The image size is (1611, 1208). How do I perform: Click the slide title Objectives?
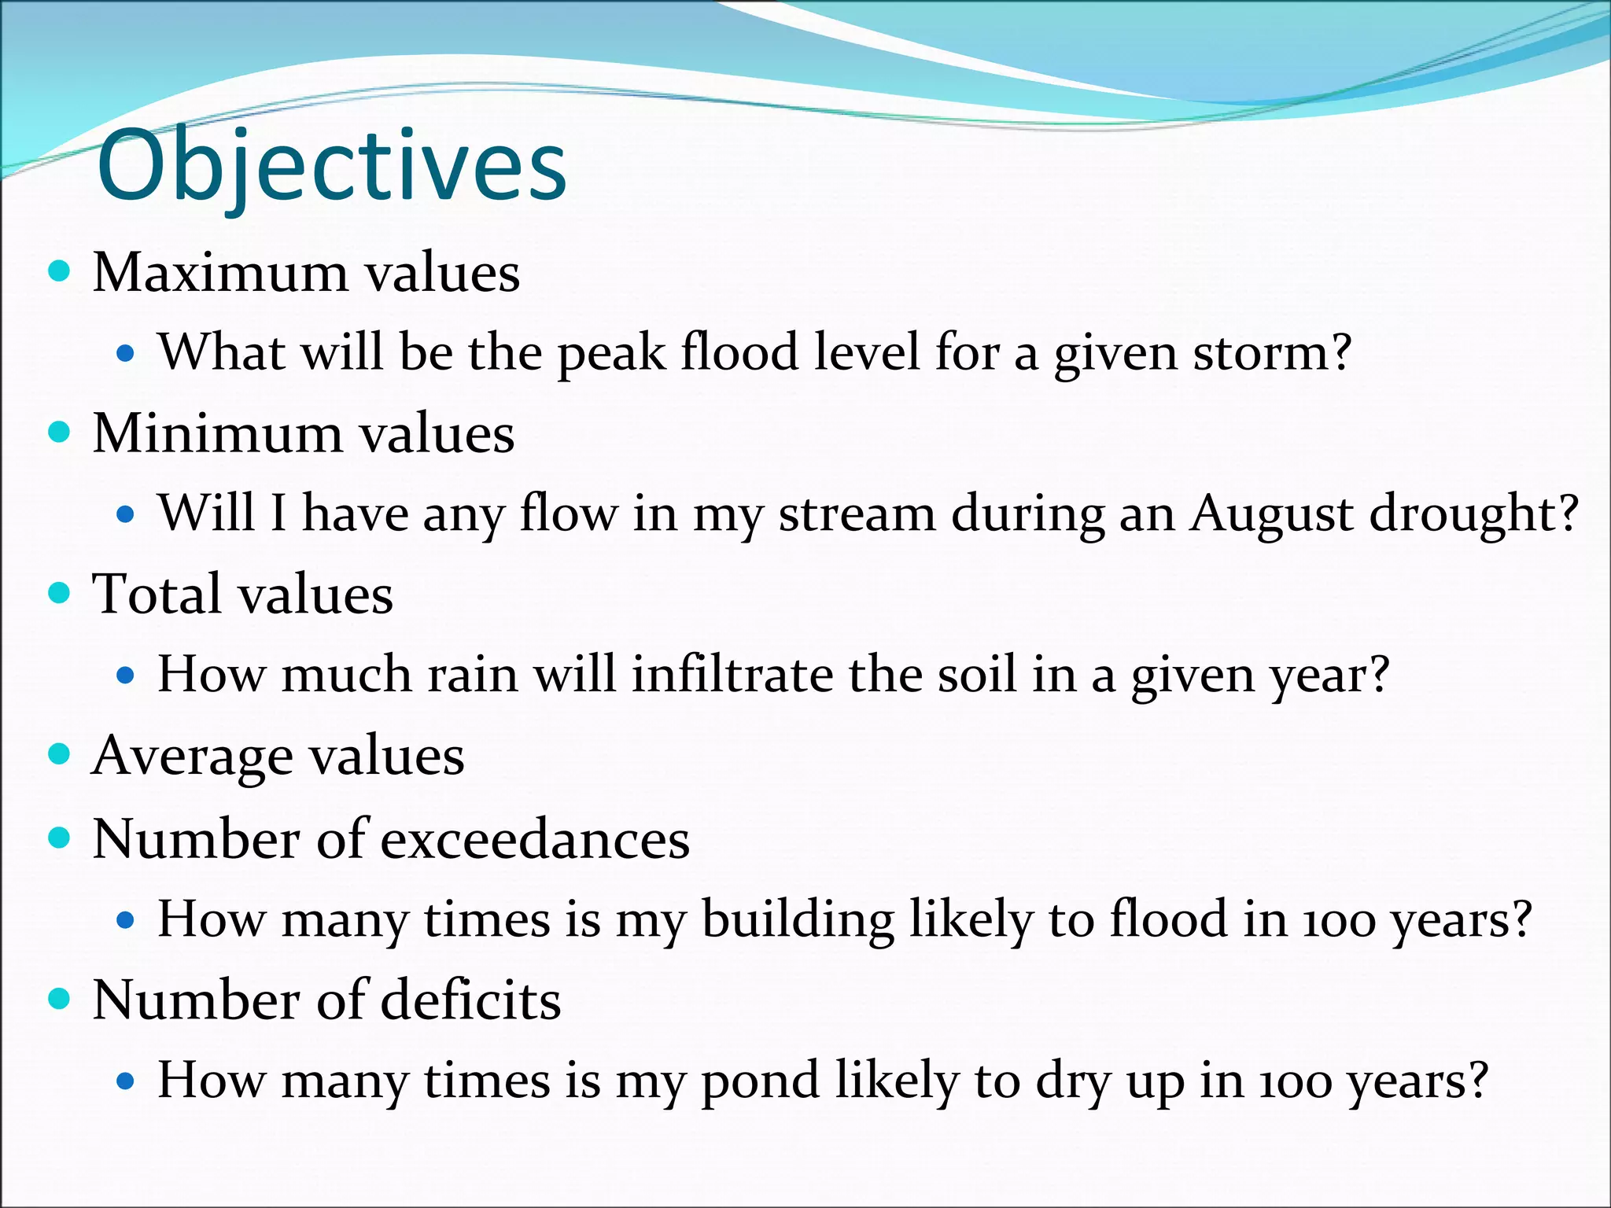(331, 167)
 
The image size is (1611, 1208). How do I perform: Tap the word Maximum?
(219, 273)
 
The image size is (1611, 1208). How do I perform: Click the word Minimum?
(217, 434)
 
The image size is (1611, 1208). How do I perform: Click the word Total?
(157, 595)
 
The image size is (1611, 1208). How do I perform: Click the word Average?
(192, 757)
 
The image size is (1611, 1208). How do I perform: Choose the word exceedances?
(535, 839)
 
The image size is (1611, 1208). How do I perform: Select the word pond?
(760, 1081)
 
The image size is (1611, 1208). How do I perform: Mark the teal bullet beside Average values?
(59, 755)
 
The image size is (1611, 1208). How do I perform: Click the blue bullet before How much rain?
(125, 676)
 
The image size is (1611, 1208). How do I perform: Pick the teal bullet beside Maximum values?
(59, 272)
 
